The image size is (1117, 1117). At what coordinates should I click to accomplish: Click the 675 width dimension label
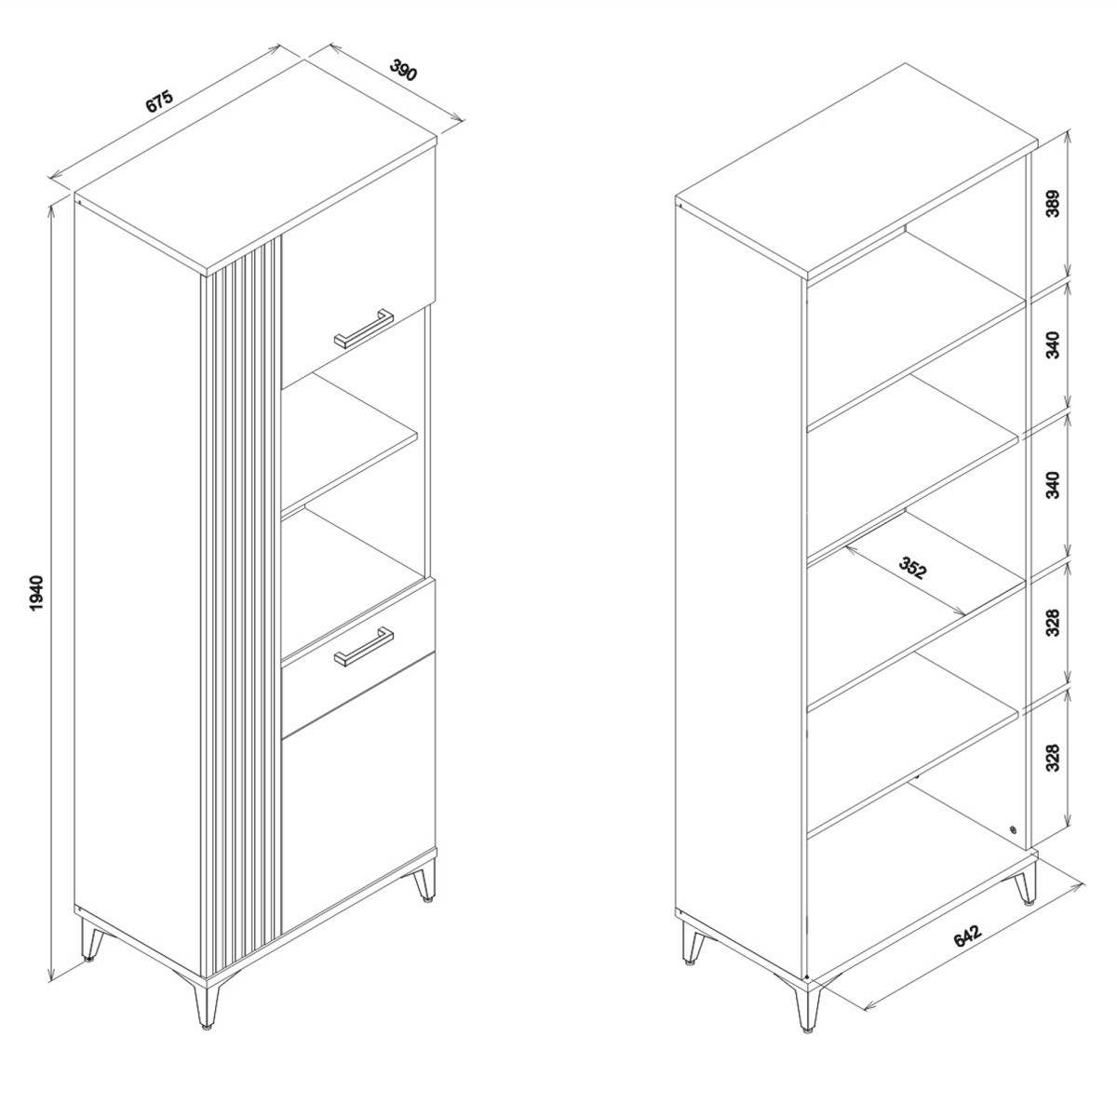(159, 101)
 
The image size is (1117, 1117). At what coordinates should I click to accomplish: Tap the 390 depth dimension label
(403, 70)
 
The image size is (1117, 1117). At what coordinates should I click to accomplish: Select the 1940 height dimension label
(36, 594)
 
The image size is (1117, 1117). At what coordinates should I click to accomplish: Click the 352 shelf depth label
(913, 567)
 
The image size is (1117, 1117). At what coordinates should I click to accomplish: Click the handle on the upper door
(363, 329)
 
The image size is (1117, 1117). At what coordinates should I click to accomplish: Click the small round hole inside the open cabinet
(1013, 846)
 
